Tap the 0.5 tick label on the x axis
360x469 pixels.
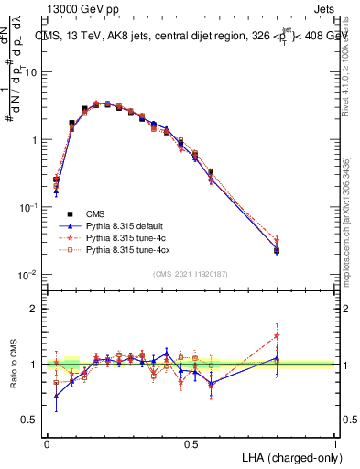191,443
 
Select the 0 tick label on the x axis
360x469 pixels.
47,443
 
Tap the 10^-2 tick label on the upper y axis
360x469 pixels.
27,276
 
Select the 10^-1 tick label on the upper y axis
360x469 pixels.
27,208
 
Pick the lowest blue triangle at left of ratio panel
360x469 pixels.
56,397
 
